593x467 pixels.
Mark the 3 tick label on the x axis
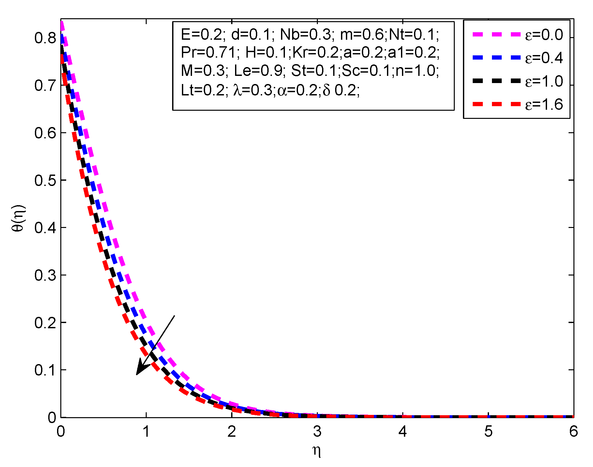coord(317,432)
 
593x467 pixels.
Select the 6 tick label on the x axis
coord(573,432)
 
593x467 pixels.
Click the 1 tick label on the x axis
coord(146,432)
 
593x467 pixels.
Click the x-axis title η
coord(317,451)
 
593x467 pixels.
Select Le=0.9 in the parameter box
coord(258,71)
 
